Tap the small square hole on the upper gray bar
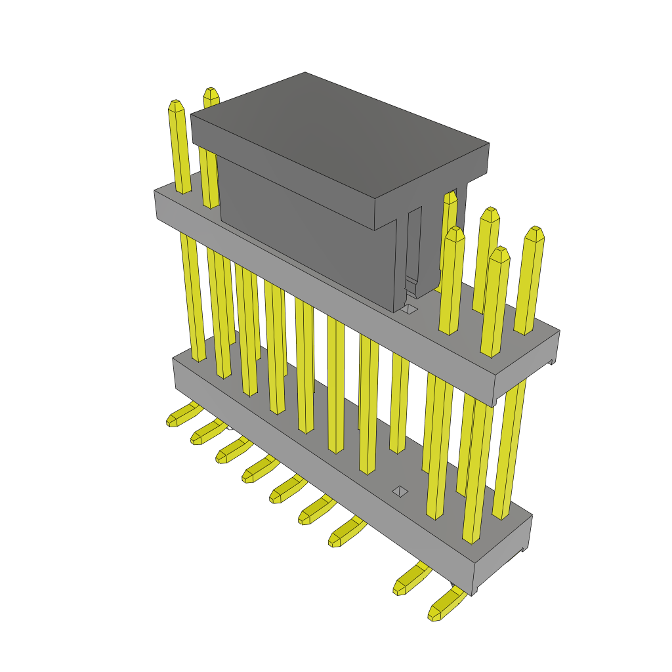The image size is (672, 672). click(x=409, y=308)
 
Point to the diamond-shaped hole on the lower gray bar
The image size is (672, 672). click(x=400, y=491)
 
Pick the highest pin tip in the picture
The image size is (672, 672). click(x=210, y=93)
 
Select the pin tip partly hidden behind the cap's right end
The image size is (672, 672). click(x=451, y=197)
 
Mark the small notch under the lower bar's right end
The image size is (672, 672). click(x=523, y=549)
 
